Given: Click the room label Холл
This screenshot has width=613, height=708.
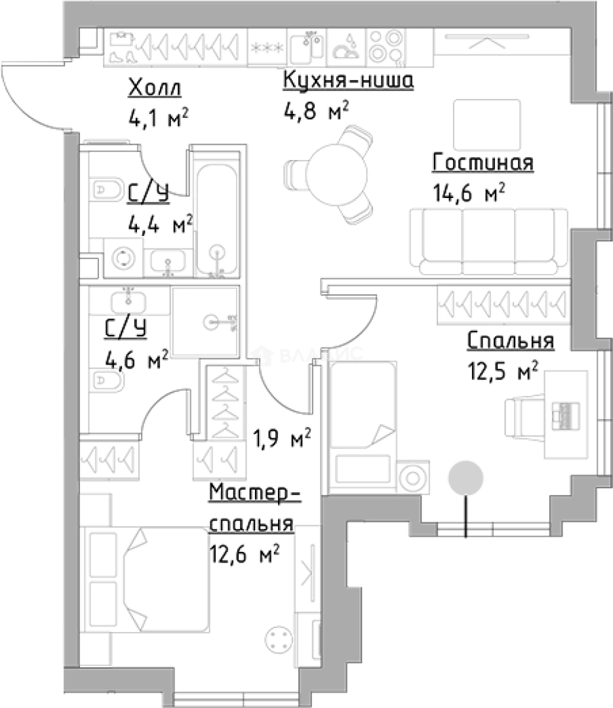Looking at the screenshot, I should click(155, 87).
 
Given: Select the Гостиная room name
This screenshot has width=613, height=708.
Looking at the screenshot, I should click(483, 163).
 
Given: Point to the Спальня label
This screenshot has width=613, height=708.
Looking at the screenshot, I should click(511, 341).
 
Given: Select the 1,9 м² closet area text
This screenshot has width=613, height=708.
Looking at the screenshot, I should click(281, 437).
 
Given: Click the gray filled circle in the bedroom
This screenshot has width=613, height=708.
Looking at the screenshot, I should click(465, 477).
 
